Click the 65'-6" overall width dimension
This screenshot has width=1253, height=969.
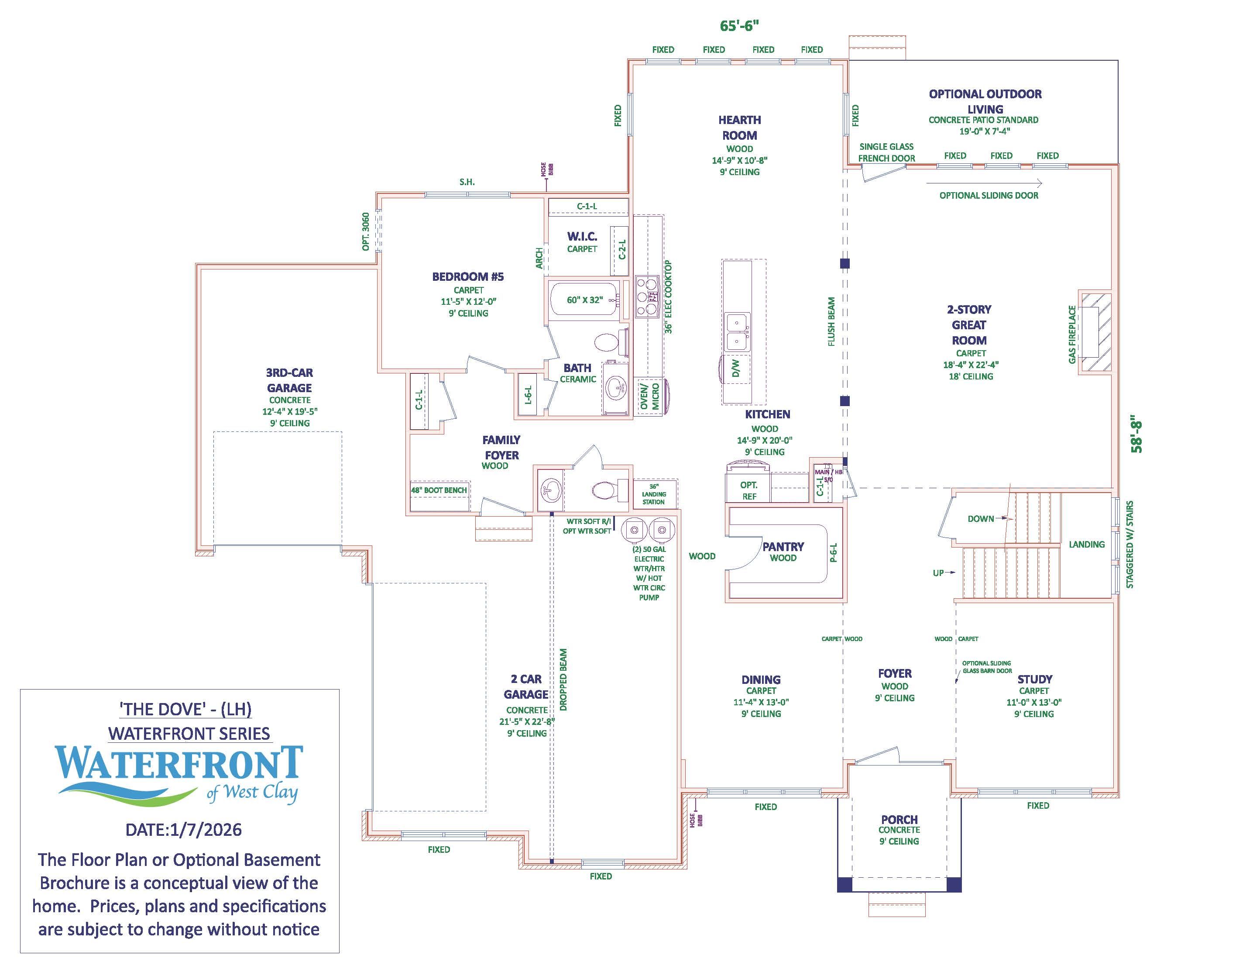point(739,26)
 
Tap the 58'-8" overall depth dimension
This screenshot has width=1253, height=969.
point(1136,434)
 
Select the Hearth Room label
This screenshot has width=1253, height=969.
point(739,128)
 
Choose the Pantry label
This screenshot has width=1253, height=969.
point(783,546)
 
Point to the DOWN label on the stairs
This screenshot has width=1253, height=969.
point(981,518)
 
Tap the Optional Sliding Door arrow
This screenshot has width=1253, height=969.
point(984,183)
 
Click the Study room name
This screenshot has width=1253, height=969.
point(1034,679)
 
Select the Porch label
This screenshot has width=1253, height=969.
point(899,819)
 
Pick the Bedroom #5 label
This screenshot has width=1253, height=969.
point(467,277)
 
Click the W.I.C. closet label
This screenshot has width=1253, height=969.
point(582,236)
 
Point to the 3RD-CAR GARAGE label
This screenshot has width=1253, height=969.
point(289,380)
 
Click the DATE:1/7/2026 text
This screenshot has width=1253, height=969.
point(184,830)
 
